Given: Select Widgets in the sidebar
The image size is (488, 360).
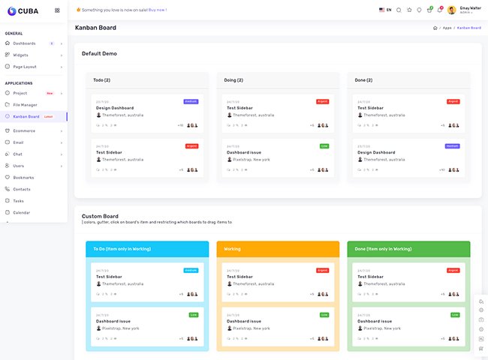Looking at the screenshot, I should click(x=20, y=55).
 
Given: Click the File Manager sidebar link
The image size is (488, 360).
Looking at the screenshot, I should click(x=25, y=105).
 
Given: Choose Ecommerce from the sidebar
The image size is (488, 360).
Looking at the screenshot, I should click(x=24, y=130).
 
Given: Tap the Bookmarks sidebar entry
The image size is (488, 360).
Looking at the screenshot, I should click(x=23, y=178).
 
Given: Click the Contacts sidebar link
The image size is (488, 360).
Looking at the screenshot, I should click(x=22, y=189).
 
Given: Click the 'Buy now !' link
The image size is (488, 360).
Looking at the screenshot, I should click(x=158, y=10).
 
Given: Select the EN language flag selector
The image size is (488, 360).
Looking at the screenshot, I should click(x=385, y=10).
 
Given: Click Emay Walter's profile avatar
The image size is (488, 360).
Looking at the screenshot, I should click(x=451, y=10).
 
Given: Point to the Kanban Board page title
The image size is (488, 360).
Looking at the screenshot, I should click(x=95, y=28).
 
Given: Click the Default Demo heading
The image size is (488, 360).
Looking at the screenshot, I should click(x=99, y=53).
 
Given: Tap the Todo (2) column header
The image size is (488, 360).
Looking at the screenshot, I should click(x=101, y=80).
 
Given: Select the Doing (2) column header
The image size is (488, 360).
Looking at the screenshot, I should click(x=233, y=80).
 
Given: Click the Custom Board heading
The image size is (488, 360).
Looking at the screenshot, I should click(x=100, y=216).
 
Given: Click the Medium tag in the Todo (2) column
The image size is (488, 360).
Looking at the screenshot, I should click(x=191, y=101).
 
